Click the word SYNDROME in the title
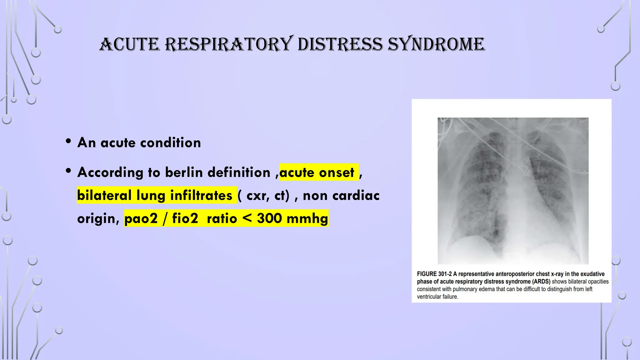(x=436, y=44)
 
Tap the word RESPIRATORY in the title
(x=229, y=44)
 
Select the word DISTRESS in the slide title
(x=340, y=44)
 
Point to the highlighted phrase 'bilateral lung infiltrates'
(x=155, y=196)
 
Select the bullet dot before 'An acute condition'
(x=68, y=141)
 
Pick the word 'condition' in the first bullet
(x=170, y=143)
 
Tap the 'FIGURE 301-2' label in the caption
(x=434, y=274)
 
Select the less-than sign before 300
(x=247, y=218)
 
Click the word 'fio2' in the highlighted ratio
(x=185, y=218)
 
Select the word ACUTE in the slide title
(x=129, y=44)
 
